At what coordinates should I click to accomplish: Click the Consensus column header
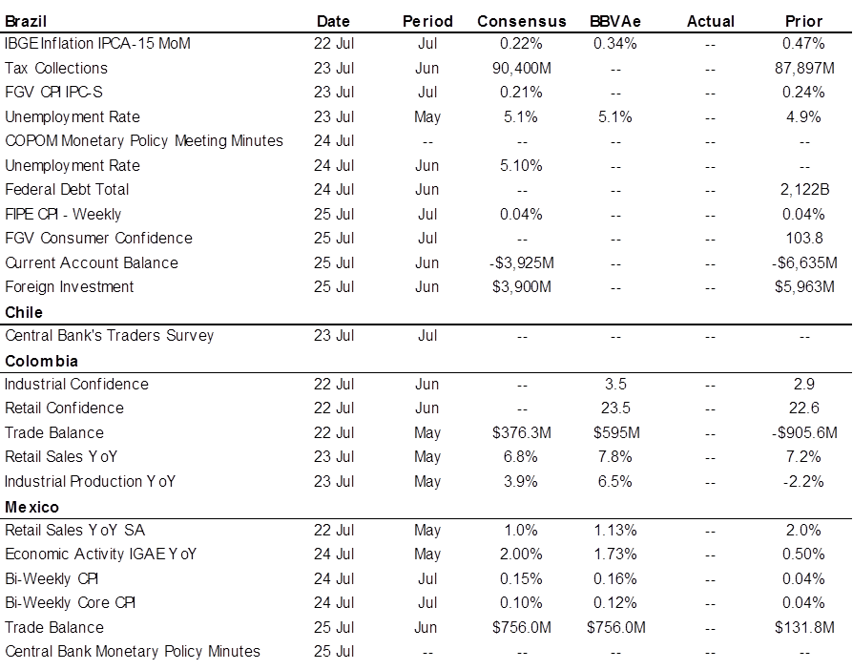click(x=522, y=21)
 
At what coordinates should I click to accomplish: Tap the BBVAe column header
click(x=615, y=21)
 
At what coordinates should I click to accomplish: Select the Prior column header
click(x=803, y=21)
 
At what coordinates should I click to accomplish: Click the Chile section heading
click(x=24, y=312)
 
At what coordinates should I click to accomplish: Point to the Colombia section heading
click(x=41, y=361)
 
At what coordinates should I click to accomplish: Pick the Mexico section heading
click(x=32, y=507)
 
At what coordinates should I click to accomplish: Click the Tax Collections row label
click(x=56, y=68)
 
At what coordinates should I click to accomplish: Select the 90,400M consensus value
click(x=522, y=68)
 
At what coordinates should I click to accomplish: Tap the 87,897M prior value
click(x=804, y=68)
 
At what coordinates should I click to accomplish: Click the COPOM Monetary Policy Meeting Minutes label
click(x=144, y=141)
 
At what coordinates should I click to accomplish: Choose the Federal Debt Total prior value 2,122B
click(x=804, y=189)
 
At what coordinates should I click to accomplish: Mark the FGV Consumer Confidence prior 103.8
click(x=804, y=238)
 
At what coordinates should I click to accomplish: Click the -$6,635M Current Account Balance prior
click(x=804, y=262)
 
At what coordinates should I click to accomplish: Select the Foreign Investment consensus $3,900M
click(x=522, y=287)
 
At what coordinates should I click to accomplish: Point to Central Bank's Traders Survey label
click(x=110, y=335)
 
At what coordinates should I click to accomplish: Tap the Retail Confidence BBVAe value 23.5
click(x=615, y=408)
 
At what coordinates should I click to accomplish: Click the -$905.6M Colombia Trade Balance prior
click(x=804, y=432)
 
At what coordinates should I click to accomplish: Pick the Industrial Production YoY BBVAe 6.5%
click(x=615, y=482)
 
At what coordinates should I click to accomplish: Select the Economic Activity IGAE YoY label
click(x=100, y=555)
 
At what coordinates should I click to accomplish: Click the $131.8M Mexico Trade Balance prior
click(x=804, y=628)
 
